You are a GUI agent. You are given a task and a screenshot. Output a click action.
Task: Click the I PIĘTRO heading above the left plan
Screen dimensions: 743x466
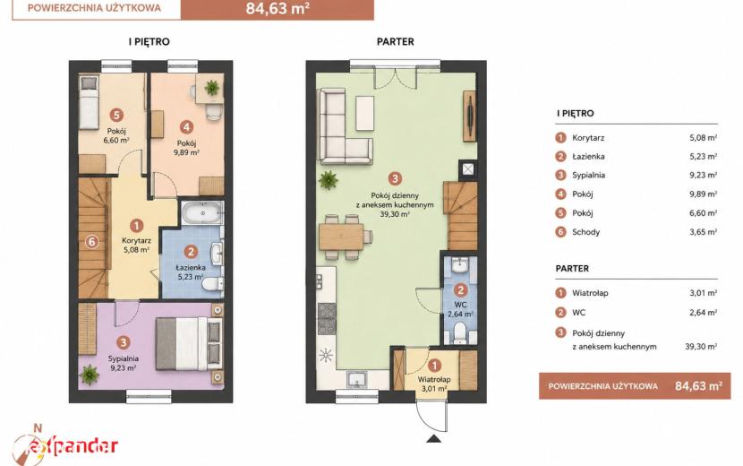point(149,42)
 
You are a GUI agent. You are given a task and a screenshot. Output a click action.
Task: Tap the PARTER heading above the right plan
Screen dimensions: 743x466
point(395,42)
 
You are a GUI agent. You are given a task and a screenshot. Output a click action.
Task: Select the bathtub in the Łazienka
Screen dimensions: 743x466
point(202,212)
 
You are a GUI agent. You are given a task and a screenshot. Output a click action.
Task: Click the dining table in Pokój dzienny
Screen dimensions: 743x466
point(341,237)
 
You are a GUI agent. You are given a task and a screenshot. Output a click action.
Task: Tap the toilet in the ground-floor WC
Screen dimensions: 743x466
point(459,332)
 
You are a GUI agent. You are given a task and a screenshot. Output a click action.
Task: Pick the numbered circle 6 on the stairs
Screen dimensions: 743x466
point(92,242)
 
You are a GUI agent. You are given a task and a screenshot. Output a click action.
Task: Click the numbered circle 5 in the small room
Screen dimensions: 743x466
point(116,115)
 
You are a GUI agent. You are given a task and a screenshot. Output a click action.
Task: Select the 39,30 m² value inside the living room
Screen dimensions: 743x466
point(395,214)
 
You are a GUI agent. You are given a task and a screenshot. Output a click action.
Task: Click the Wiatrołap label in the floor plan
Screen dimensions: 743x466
point(434,379)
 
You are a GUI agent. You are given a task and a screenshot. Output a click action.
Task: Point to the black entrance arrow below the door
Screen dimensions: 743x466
point(433,438)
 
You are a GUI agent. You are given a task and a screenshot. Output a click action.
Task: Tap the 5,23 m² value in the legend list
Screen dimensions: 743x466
point(704,156)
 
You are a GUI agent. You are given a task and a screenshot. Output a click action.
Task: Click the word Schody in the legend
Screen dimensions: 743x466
point(585,232)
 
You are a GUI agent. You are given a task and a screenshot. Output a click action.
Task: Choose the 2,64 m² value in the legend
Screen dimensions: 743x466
point(704,312)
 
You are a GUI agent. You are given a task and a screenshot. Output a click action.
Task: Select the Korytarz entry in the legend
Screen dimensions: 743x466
point(588,138)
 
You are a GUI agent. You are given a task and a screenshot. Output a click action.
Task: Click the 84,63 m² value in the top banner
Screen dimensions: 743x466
point(278,9)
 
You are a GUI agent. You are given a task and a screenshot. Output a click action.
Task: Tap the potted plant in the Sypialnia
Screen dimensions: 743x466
point(90,374)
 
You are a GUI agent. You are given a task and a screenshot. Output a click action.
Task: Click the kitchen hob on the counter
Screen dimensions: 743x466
point(327,319)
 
